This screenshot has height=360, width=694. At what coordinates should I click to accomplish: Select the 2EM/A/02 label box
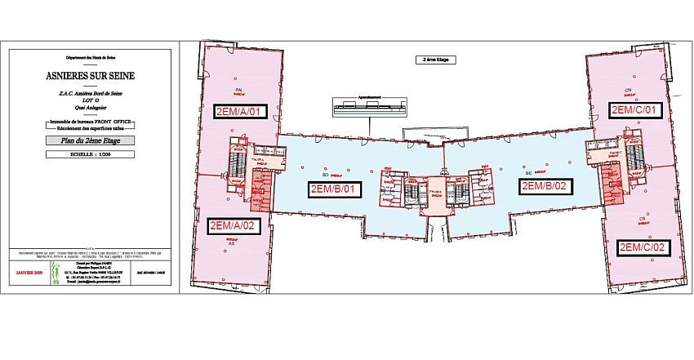click(234, 226)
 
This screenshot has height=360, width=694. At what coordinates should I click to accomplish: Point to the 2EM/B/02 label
click(547, 185)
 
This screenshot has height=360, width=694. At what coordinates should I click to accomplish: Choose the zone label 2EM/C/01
click(634, 109)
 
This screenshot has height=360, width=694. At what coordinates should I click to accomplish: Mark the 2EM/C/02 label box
click(644, 247)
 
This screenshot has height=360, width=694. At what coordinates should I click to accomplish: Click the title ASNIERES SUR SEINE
click(91, 77)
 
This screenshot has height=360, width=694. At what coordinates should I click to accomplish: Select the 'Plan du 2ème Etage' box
click(91, 140)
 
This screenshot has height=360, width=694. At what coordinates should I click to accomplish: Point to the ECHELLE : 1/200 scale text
click(91, 153)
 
